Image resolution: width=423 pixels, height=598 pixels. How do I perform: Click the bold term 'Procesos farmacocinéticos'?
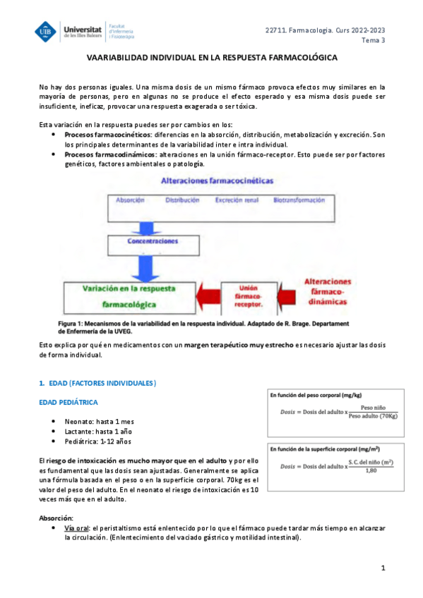(x=107, y=134)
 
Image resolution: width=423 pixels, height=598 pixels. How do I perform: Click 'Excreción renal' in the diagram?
(x=237, y=200)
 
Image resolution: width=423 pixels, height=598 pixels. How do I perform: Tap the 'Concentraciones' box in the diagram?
(x=153, y=240)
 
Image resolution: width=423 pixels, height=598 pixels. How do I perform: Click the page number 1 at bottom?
(x=382, y=568)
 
